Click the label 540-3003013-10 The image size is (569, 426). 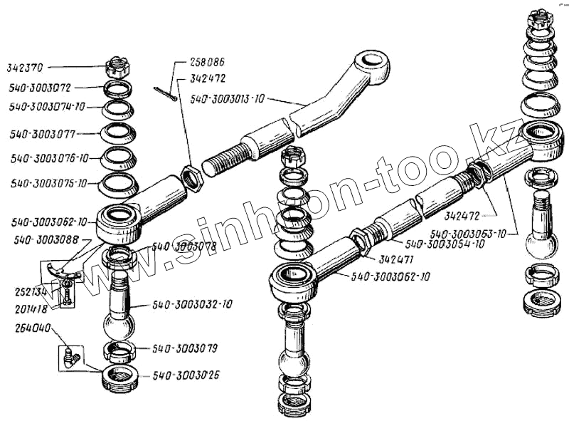click(x=227, y=100)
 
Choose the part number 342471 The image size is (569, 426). click(x=396, y=259)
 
